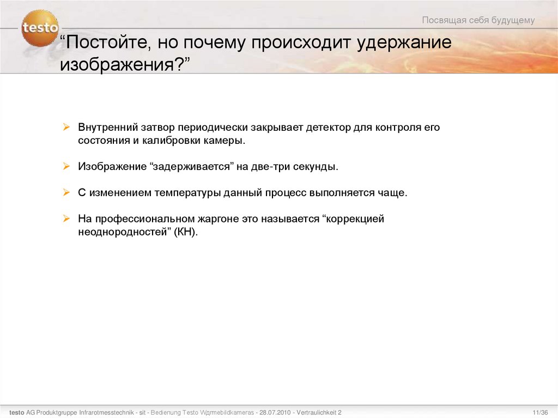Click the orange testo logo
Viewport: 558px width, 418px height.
tap(40, 28)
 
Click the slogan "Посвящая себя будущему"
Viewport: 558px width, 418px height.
tap(478, 21)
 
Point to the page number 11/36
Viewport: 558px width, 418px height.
tap(539, 413)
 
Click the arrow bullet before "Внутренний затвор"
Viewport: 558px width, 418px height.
tap(66, 127)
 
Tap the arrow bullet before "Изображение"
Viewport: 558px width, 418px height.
tap(66, 166)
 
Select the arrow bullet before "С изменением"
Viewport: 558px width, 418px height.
tap(66, 192)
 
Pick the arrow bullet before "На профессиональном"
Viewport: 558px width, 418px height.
tap(66, 219)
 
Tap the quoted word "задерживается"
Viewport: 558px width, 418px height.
tap(191, 167)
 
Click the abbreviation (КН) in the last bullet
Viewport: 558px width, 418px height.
tap(186, 232)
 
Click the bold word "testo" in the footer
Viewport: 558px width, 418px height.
tap(16, 413)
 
